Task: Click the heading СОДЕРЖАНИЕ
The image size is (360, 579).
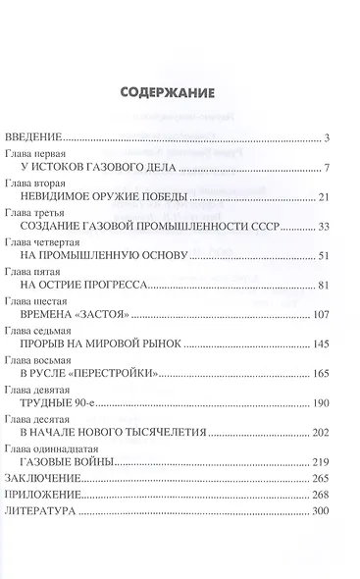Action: click(180, 95)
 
